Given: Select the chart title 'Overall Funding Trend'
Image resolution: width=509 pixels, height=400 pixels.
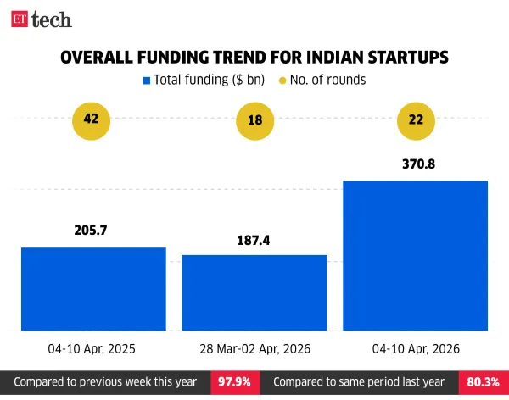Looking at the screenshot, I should tap(255, 57).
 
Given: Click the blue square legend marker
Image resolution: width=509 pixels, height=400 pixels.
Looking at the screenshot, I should tap(146, 81).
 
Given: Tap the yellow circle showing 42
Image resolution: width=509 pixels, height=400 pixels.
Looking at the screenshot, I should tap(92, 119).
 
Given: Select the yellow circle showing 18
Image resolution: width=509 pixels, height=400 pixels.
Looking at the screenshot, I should tap(254, 119).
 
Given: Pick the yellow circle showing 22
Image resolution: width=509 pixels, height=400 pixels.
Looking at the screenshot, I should tap(416, 119).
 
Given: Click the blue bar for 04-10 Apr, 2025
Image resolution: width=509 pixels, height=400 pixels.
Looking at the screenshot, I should tap(93, 288).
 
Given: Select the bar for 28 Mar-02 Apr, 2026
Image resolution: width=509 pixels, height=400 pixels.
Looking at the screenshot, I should tap(255, 292).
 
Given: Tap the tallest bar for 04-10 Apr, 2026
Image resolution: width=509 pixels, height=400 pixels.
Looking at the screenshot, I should tap(416, 255).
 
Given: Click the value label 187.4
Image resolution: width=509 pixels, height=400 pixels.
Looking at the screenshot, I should tap(255, 240).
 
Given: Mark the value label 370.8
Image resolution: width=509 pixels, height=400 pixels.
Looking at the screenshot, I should tap(416, 164).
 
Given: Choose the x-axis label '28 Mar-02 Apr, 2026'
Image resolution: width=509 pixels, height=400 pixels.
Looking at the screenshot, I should tap(255, 348).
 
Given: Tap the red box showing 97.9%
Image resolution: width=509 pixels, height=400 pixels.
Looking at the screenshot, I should tap(232, 382).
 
